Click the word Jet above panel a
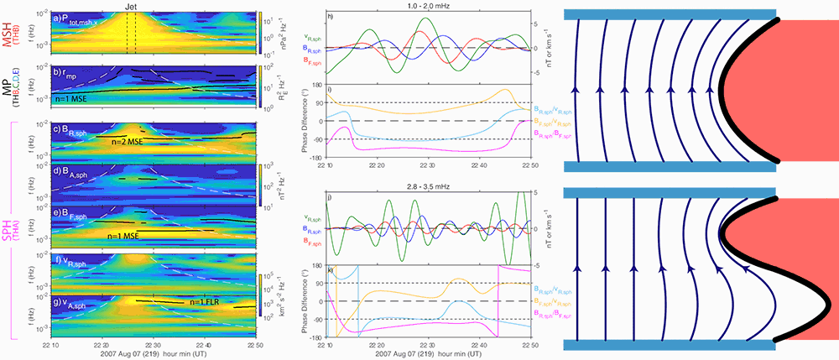click(129, 6)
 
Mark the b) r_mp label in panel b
click(67, 72)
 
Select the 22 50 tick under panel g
click(250, 346)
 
